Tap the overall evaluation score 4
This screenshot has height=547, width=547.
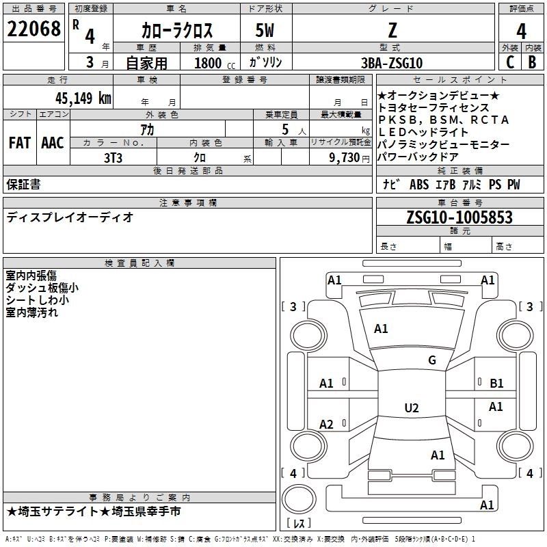(x=522, y=31)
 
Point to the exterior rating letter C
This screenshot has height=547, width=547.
(x=509, y=62)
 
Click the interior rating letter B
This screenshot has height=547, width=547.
(x=533, y=62)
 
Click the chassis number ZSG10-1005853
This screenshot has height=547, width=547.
(x=459, y=217)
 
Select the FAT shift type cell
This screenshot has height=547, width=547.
(x=20, y=142)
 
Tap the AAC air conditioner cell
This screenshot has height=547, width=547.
(x=53, y=142)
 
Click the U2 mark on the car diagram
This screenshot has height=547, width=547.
(x=411, y=408)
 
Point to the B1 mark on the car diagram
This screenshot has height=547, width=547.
(x=496, y=384)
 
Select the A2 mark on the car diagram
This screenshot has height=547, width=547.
(x=327, y=425)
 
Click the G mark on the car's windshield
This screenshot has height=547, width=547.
(x=431, y=360)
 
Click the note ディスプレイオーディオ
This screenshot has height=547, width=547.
(x=70, y=217)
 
